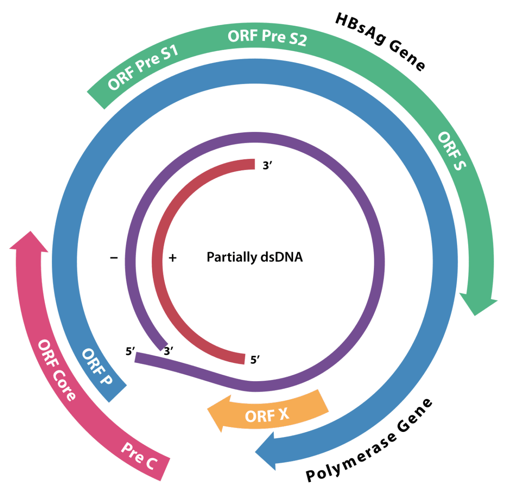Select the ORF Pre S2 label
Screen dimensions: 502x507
[x=267, y=37]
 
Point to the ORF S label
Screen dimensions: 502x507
[x=452, y=151]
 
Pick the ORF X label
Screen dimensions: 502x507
[x=267, y=415]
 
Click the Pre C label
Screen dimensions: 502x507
[x=139, y=456]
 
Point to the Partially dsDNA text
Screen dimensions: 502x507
[x=254, y=257]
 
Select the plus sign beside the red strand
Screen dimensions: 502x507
[x=172, y=257]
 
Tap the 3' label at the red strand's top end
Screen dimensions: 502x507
[x=267, y=166]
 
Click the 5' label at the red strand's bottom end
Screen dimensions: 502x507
[x=255, y=360]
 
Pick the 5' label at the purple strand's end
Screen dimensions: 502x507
[x=130, y=351]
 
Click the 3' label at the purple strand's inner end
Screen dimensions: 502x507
[x=169, y=351]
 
